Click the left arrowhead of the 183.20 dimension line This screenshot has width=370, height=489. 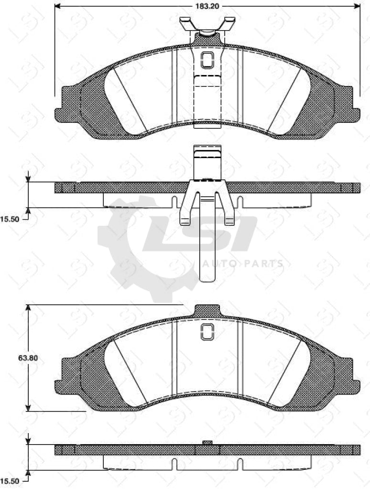pos(58,6)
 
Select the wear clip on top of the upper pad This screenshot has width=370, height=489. pos(207,26)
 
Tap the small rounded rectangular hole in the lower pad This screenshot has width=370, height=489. pos(207,332)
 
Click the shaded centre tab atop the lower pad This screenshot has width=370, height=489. pos(207,310)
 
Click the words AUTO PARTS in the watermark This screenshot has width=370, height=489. pos(241,264)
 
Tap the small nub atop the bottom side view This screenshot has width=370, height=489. pos(207,443)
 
